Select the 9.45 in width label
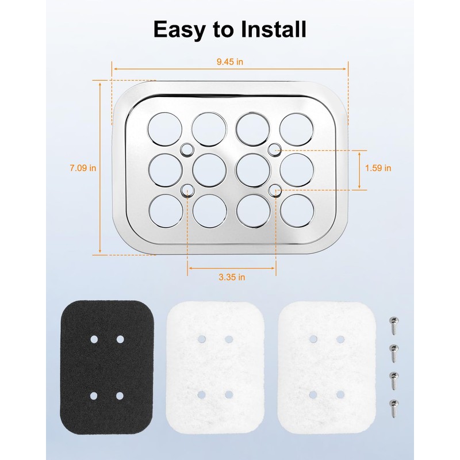click(229, 62)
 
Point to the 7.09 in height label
click(83, 168)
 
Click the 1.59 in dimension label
click(378, 168)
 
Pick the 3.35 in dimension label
click(232, 277)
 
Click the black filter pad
click(107, 367)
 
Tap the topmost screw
click(394, 325)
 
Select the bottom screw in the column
click(394, 408)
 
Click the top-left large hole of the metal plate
click(164, 129)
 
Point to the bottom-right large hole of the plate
click(297, 210)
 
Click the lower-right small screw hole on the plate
click(275, 191)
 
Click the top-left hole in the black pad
click(94, 339)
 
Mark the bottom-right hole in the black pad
click(120, 396)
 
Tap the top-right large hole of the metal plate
click(297, 129)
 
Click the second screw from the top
click(394, 353)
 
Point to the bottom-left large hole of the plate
click(166, 210)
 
